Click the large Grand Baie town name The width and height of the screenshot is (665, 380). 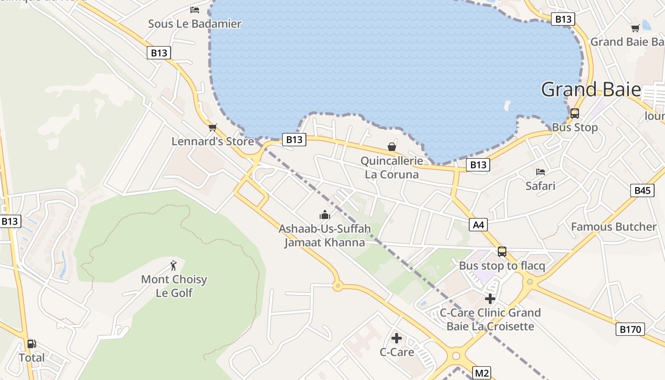point(591,90)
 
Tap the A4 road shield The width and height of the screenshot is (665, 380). point(478,225)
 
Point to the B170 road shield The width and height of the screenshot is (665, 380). point(630,329)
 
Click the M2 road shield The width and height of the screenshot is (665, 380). point(482,373)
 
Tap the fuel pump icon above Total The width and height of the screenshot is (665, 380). point(31,344)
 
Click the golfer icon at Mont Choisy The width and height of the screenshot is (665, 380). point(173,266)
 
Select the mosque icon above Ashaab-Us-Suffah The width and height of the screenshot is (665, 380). point(325,215)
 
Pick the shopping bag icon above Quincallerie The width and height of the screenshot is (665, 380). point(392,147)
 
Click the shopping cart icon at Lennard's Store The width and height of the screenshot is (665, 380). point(212,127)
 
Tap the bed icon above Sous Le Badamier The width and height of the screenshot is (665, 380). point(194,9)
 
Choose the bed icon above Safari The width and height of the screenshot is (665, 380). point(540,171)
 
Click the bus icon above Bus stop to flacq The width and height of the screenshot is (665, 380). point(502,252)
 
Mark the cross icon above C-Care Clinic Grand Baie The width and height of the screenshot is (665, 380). point(490,299)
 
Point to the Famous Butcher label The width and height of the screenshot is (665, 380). point(613,227)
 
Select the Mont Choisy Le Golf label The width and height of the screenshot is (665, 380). point(174,286)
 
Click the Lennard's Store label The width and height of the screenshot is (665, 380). point(212,141)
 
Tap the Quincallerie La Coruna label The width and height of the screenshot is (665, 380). point(392,168)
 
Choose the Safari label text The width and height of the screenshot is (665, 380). point(540,186)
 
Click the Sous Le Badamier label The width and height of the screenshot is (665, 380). point(194,24)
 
